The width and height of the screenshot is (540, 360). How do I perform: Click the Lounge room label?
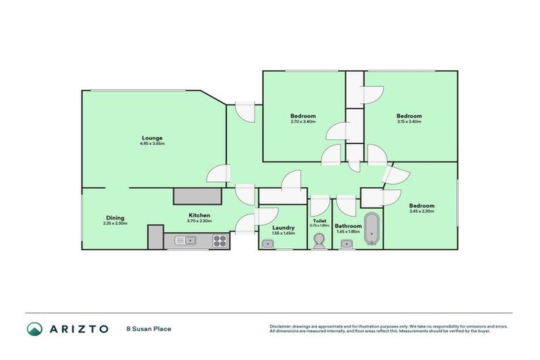[153, 138]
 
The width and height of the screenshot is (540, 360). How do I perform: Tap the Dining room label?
[115, 217]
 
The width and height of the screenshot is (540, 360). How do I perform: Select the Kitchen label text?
[200, 215]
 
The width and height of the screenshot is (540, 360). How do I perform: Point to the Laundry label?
[283, 227]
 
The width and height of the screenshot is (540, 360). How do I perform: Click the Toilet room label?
[319, 221]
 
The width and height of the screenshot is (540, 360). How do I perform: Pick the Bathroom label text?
[348, 226]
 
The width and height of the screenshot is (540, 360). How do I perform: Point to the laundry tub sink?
[267, 243]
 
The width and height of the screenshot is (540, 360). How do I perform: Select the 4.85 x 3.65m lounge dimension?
[153, 143]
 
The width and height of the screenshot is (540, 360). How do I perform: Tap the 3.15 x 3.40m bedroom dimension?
[409, 122]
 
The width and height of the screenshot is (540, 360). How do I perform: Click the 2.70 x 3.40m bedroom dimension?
[303, 122]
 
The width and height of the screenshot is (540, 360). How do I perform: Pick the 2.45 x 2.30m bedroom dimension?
[421, 212]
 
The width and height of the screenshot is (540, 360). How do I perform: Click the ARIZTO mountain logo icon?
[34, 328]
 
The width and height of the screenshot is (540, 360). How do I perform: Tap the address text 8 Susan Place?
[149, 328]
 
